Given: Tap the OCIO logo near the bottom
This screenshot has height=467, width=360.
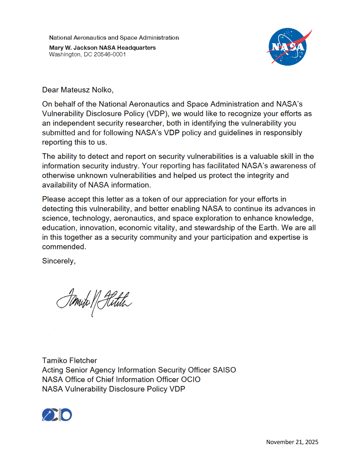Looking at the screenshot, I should (57, 415).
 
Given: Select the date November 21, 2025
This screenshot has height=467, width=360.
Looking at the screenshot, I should (292, 442).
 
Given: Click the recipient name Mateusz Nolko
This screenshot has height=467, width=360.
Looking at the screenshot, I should (87, 90).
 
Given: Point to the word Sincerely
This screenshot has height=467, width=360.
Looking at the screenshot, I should (59, 261).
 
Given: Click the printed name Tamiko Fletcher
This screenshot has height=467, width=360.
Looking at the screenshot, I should (70, 360).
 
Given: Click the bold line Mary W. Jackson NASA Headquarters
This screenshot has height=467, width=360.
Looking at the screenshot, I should (102, 48).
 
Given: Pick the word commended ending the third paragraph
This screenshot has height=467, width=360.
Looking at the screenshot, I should (63, 247).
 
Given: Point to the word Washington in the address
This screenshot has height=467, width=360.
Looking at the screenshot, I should (64, 55).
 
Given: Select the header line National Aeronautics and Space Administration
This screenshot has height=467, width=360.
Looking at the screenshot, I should (114, 38).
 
